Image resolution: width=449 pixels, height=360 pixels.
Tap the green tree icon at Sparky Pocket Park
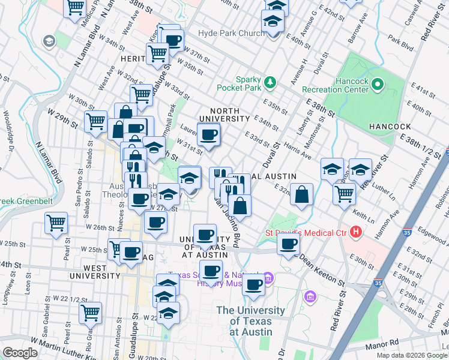click(271, 82)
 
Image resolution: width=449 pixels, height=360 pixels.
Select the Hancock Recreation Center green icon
click(378, 84)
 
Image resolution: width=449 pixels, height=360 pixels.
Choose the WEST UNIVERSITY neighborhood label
click(94, 271)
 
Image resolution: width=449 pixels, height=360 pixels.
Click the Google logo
click(20, 353)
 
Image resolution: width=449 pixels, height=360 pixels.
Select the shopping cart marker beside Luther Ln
click(344, 193)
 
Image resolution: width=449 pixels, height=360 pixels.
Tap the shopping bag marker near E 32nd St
click(302, 193)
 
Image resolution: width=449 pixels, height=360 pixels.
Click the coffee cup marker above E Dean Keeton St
click(288, 244)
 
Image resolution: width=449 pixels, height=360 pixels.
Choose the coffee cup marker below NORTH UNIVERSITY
click(209, 135)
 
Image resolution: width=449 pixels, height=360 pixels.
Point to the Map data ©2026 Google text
click(411, 355)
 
